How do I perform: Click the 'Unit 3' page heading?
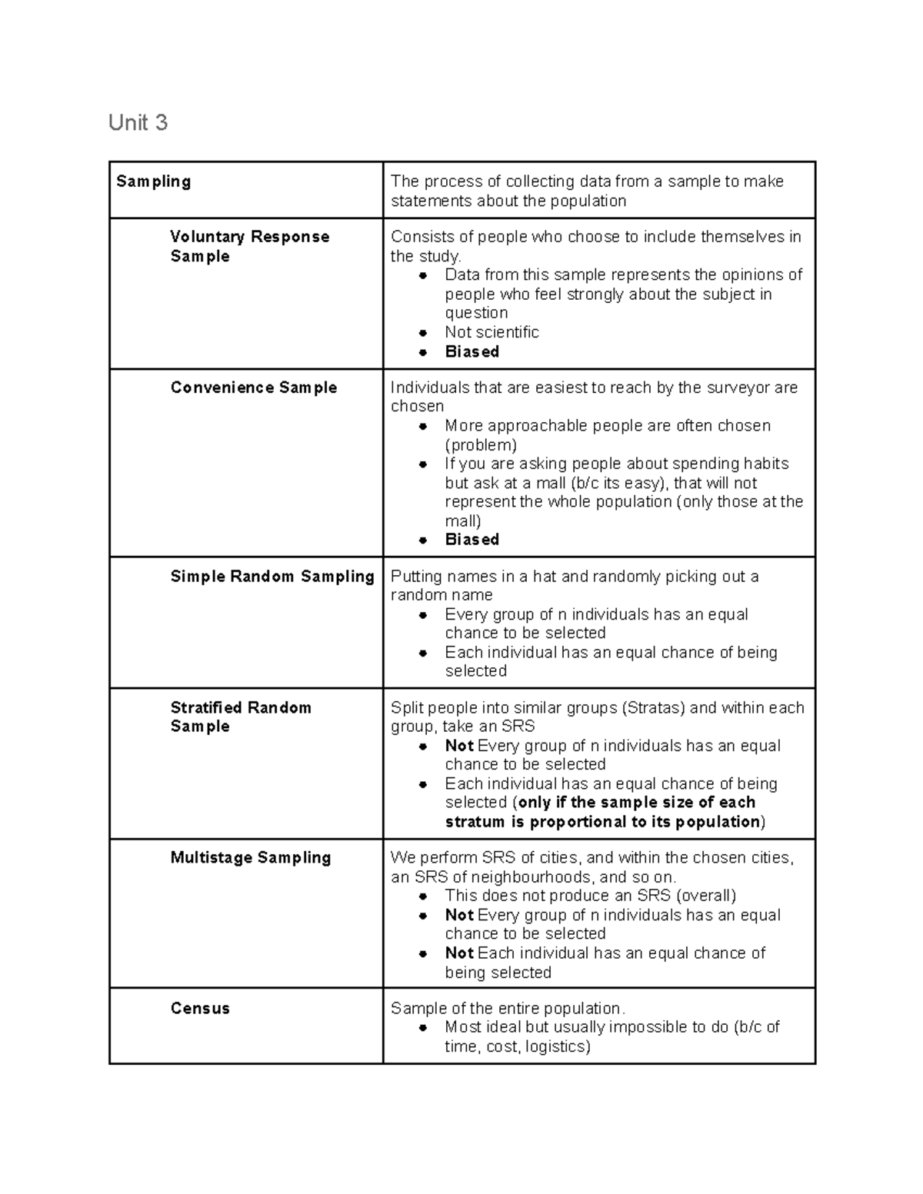[138, 123]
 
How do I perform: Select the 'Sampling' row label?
[153, 181]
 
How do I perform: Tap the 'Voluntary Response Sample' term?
[249, 246]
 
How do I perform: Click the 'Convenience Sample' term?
[253, 387]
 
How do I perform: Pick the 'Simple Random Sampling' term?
[272, 576]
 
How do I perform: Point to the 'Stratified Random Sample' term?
[240, 717]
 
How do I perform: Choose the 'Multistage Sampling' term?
[250, 857]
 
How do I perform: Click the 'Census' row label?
[200, 1008]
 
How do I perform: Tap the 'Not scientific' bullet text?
[491, 332]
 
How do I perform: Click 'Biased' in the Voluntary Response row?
[471, 351]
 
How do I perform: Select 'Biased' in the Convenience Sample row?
[471, 540]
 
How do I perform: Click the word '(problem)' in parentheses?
[481, 445]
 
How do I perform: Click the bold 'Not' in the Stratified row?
[459, 746]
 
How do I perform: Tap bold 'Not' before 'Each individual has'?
[459, 953]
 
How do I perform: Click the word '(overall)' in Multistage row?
[705, 896]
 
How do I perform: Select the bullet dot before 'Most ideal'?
[423, 1028]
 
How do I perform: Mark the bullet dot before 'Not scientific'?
[423, 333]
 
